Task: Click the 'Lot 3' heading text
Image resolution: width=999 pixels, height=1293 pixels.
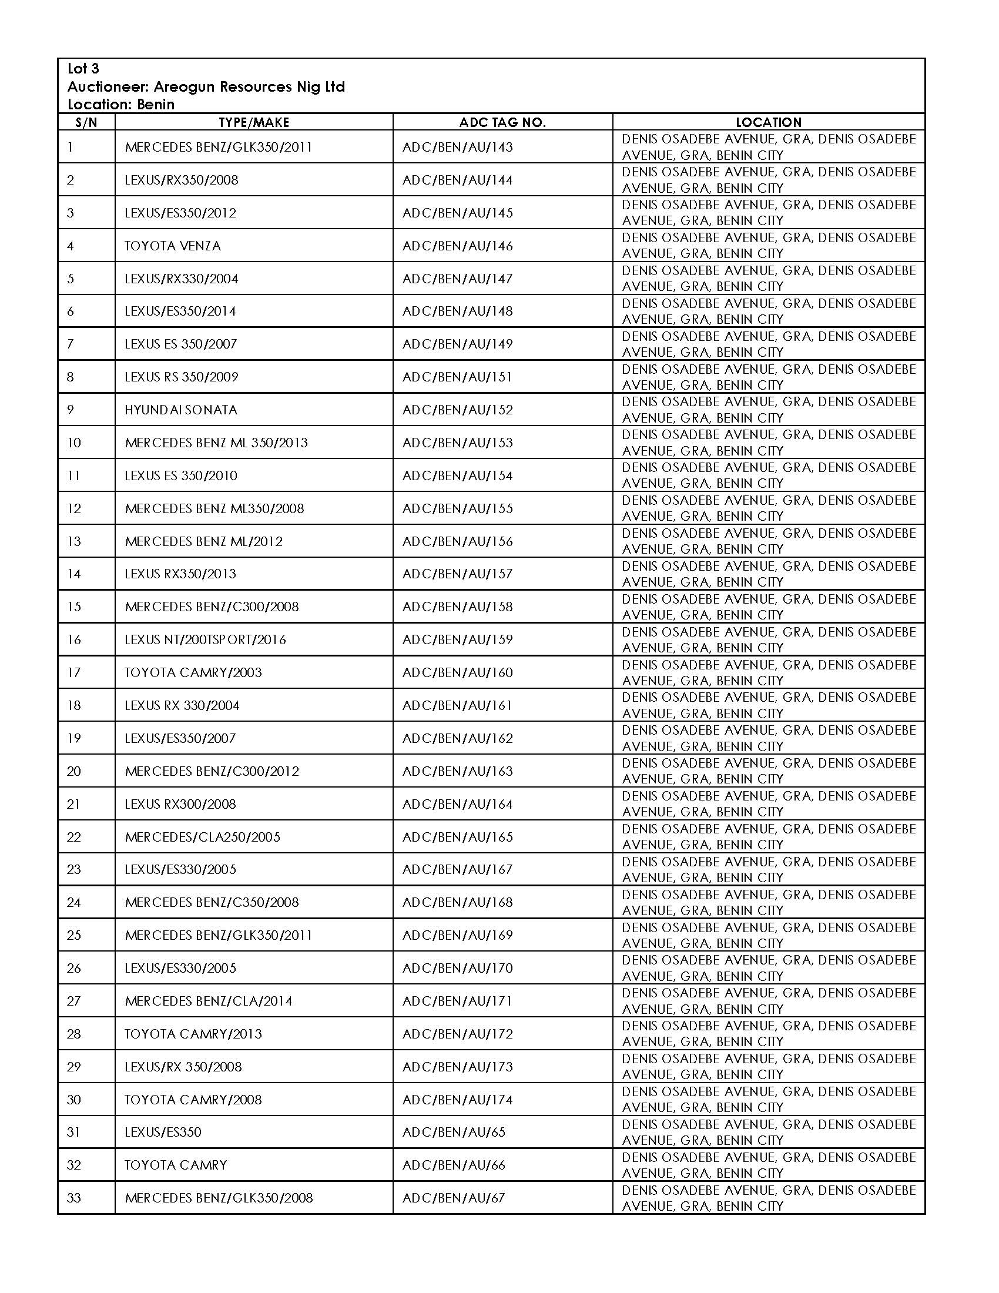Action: click(83, 69)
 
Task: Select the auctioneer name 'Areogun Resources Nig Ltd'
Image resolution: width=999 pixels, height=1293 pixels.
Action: click(249, 87)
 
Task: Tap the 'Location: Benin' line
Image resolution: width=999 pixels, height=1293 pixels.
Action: click(120, 105)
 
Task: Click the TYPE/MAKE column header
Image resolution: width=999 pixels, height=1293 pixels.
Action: click(254, 123)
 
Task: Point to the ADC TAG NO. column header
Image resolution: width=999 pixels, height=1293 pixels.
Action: click(502, 123)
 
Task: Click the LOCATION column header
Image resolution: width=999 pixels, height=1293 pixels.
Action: click(768, 123)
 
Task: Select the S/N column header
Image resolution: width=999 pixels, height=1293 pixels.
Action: click(86, 123)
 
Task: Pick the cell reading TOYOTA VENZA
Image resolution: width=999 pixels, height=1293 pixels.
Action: click(172, 246)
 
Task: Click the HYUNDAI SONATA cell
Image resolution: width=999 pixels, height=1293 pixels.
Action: click(180, 410)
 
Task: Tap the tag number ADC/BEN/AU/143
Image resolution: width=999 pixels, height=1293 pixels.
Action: click(457, 147)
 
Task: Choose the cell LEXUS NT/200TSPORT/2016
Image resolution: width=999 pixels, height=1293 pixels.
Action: click(205, 639)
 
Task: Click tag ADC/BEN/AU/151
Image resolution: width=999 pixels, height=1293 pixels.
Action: click(457, 377)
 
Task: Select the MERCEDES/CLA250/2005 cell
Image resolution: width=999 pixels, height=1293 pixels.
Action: click(202, 836)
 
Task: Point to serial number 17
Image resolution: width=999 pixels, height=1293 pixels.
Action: click(73, 672)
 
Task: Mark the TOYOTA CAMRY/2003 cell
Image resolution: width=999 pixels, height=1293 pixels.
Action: click(193, 672)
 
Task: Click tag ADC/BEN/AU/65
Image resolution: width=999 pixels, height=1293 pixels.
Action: click(454, 1132)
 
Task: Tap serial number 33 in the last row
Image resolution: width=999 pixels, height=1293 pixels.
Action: click(73, 1198)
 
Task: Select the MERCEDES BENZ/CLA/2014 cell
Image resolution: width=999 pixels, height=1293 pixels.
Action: click(209, 1000)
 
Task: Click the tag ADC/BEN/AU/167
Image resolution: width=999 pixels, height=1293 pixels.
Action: click(457, 869)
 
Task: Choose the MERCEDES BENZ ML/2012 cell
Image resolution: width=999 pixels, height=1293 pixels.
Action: click(203, 541)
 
